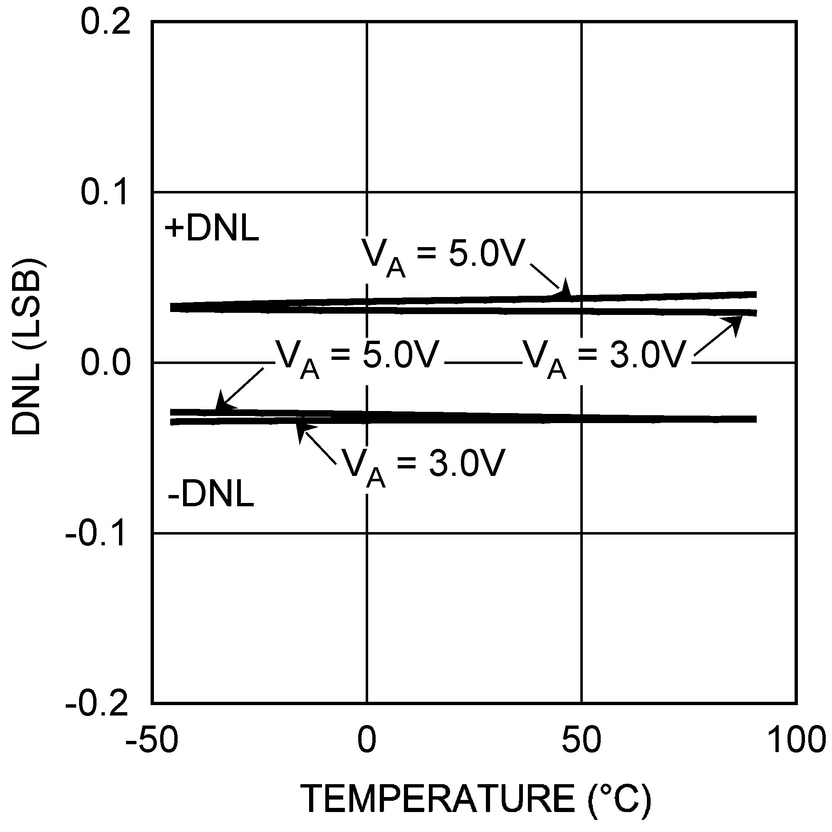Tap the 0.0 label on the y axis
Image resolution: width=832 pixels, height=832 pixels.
tap(105, 363)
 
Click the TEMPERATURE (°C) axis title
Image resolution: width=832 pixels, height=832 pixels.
tap(476, 798)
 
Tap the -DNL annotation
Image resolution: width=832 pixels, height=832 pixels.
tap(211, 494)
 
